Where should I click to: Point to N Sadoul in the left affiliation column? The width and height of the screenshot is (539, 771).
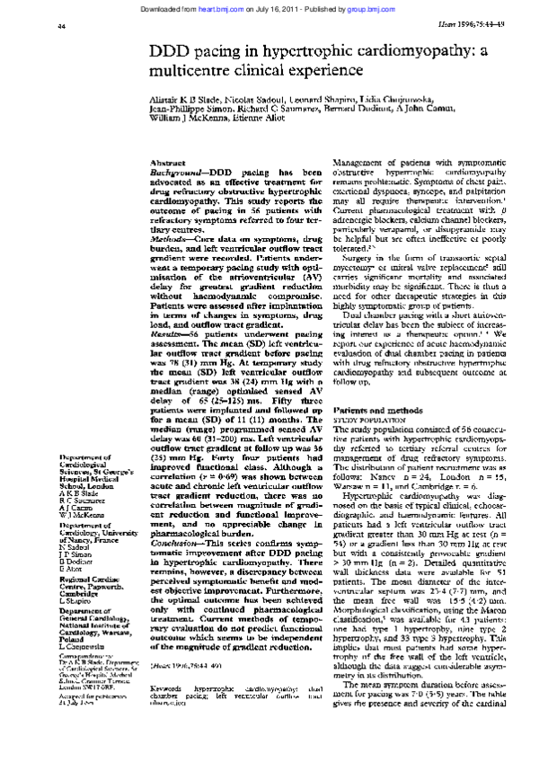click(x=73, y=546)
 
